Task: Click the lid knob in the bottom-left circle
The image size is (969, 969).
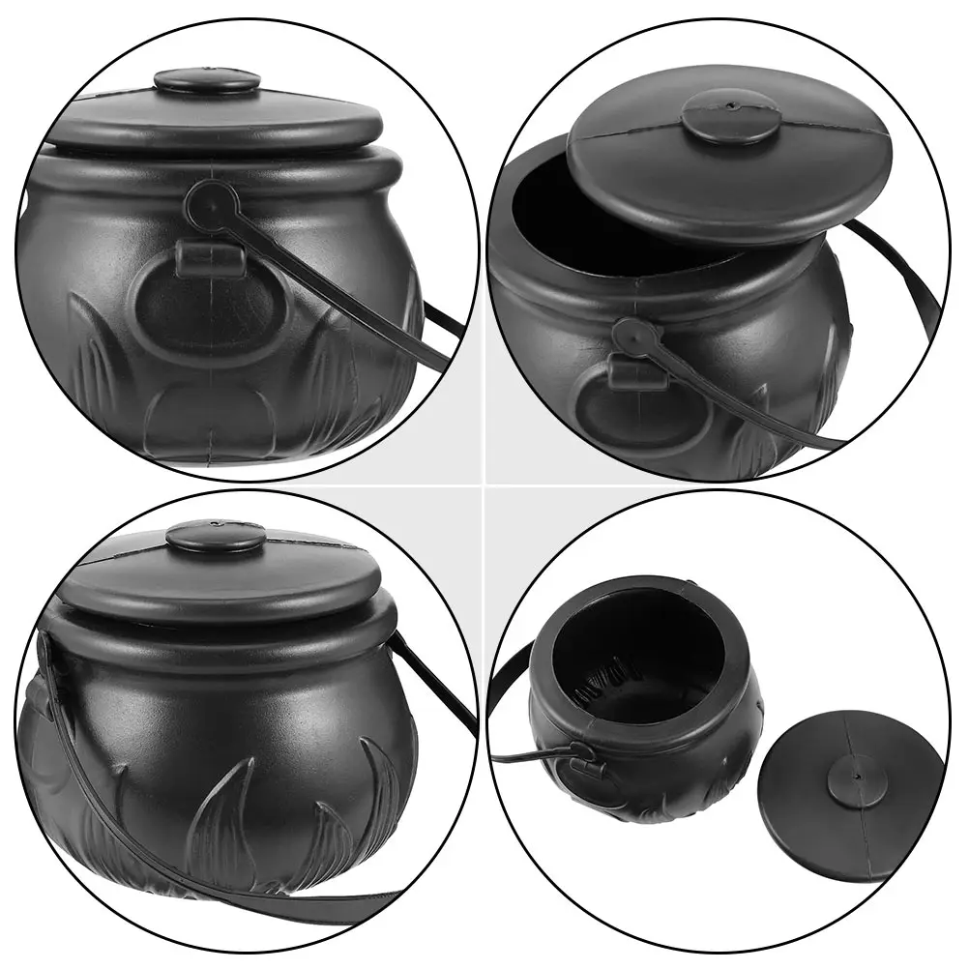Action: pyautogui.click(x=215, y=535)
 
